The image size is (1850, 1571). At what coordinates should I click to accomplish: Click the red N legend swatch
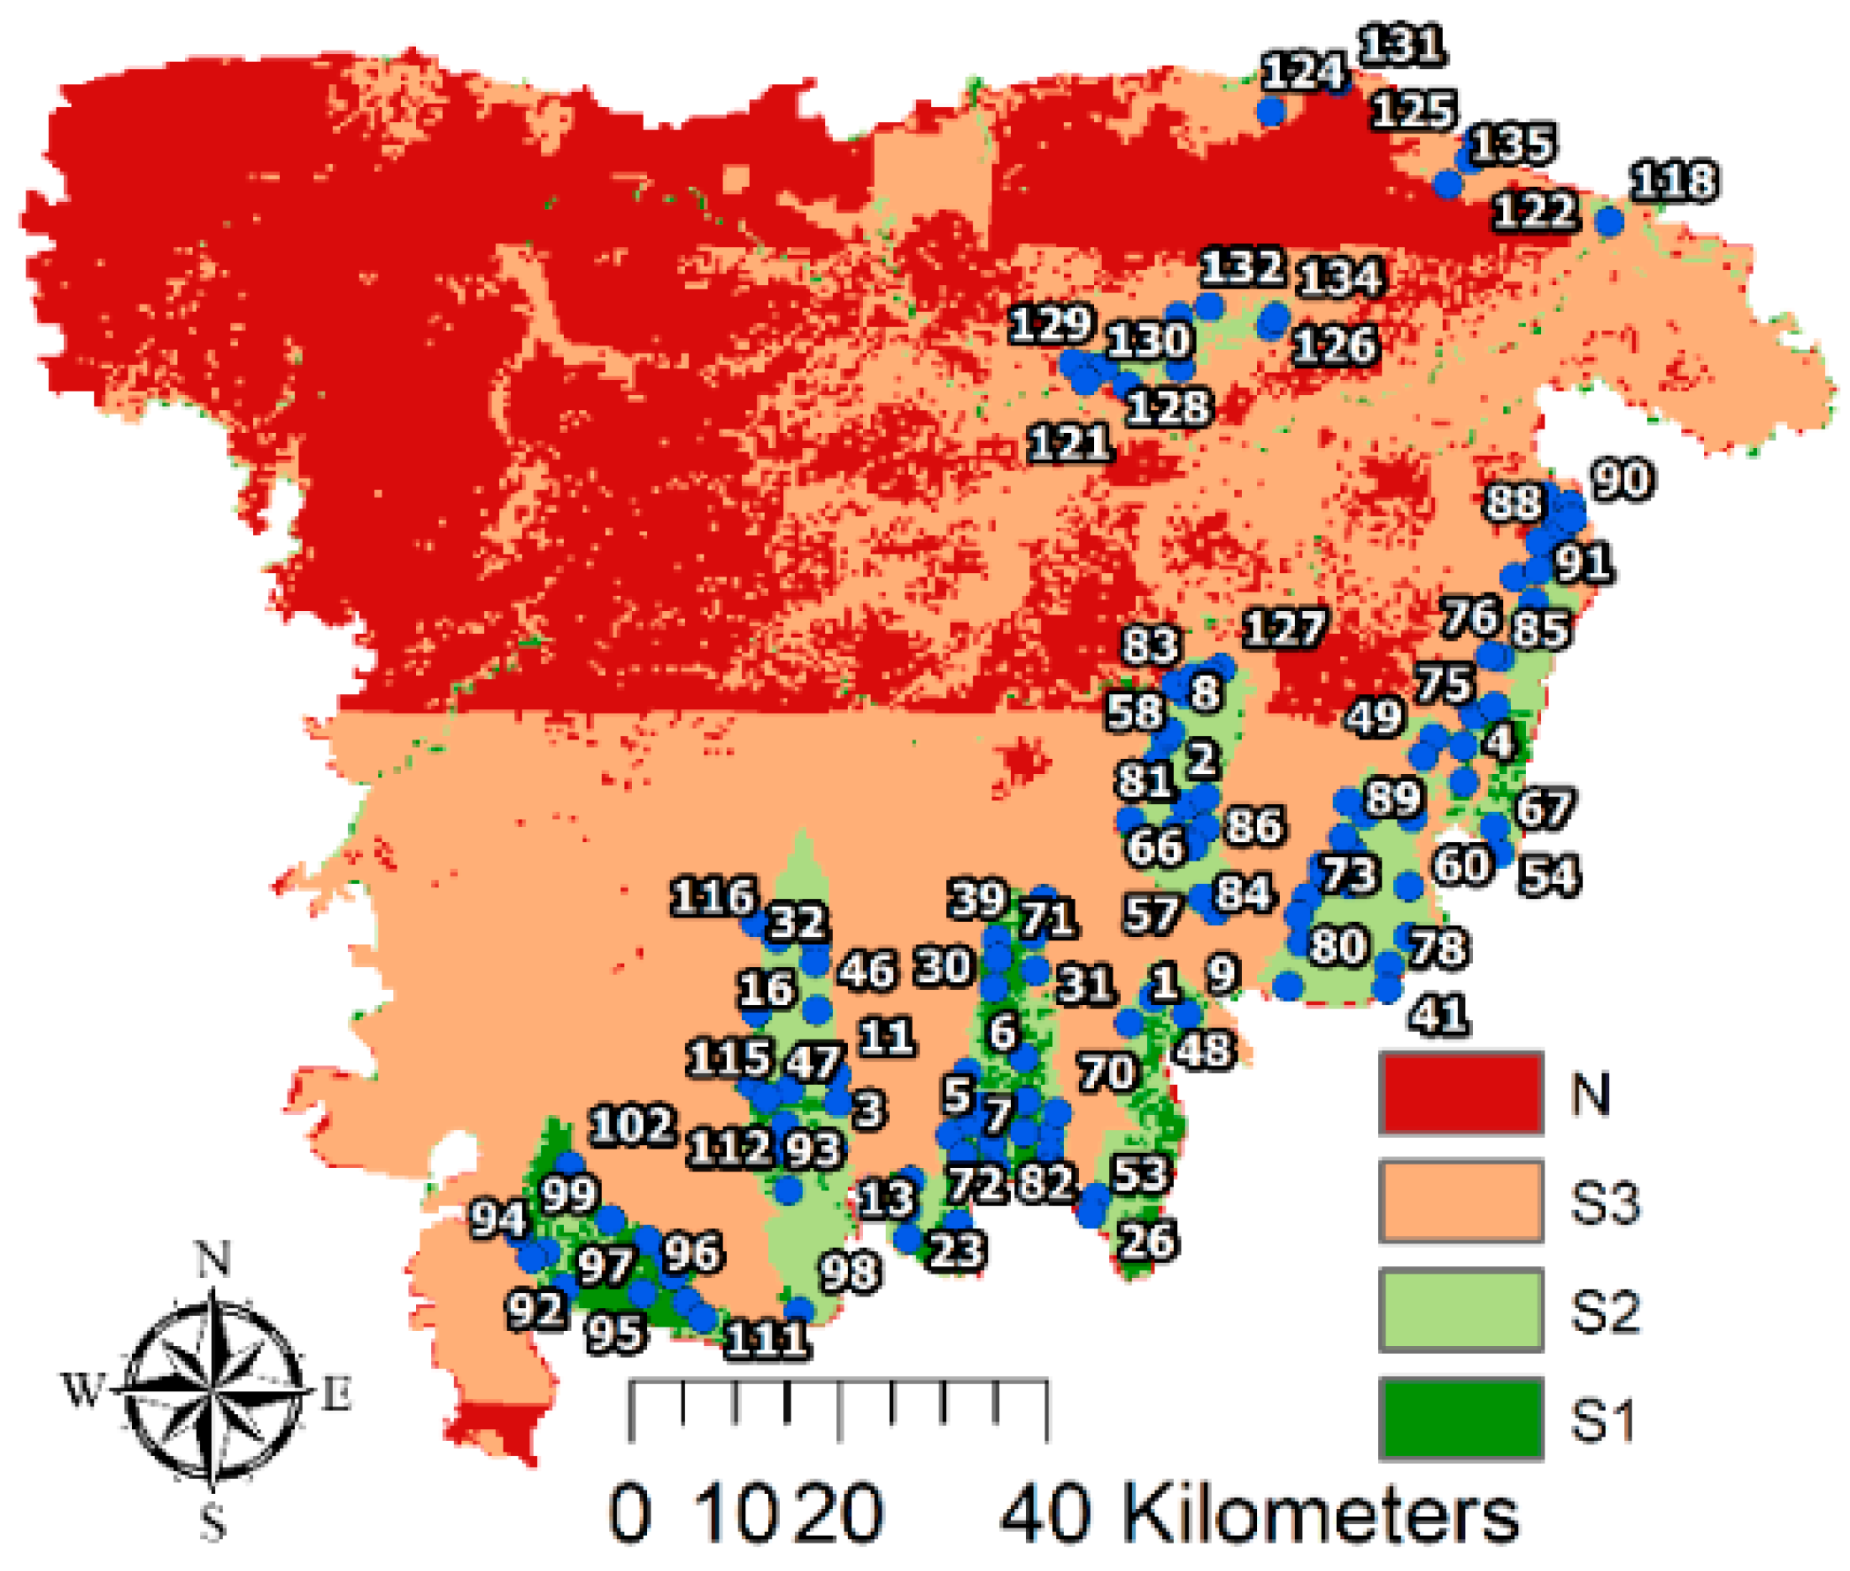pos(1460,1093)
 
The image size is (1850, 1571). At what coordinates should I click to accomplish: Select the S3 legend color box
pos(1460,1201)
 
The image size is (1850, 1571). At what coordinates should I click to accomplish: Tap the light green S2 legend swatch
pos(1460,1308)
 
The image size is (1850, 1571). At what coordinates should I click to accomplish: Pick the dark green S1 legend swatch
pos(1460,1417)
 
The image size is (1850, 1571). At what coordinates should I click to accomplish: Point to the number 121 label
pos(1070,443)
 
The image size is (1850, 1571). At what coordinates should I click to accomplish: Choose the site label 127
pos(1283,628)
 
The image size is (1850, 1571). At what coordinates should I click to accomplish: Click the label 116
pos(713,896)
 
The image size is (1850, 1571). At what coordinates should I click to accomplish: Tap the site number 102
pos(633,1126)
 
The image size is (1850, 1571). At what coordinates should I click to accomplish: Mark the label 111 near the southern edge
pos(767,1340)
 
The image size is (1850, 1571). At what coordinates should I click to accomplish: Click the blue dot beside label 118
pos(1608,221)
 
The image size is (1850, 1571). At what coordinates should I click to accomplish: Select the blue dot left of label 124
pos(1270,112)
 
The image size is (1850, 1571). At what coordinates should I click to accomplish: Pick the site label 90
pos(1623,479)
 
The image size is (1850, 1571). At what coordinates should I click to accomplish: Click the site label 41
pos(1439,1014)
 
